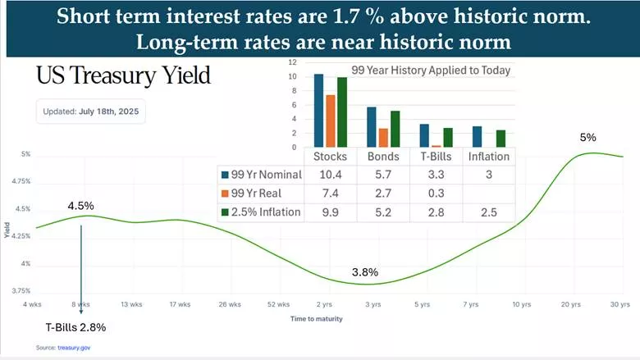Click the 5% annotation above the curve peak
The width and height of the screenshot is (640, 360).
tap(587, 138)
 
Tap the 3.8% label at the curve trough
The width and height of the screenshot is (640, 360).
tap(366, 271)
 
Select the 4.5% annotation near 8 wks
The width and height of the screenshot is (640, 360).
tap(81, 206)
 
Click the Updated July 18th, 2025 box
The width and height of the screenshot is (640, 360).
tap(90, 111)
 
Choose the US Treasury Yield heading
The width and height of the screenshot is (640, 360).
tap(123, 77)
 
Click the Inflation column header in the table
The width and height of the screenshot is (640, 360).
tap(488, 156)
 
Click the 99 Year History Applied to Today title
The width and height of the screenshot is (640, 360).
tap(431, 71)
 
